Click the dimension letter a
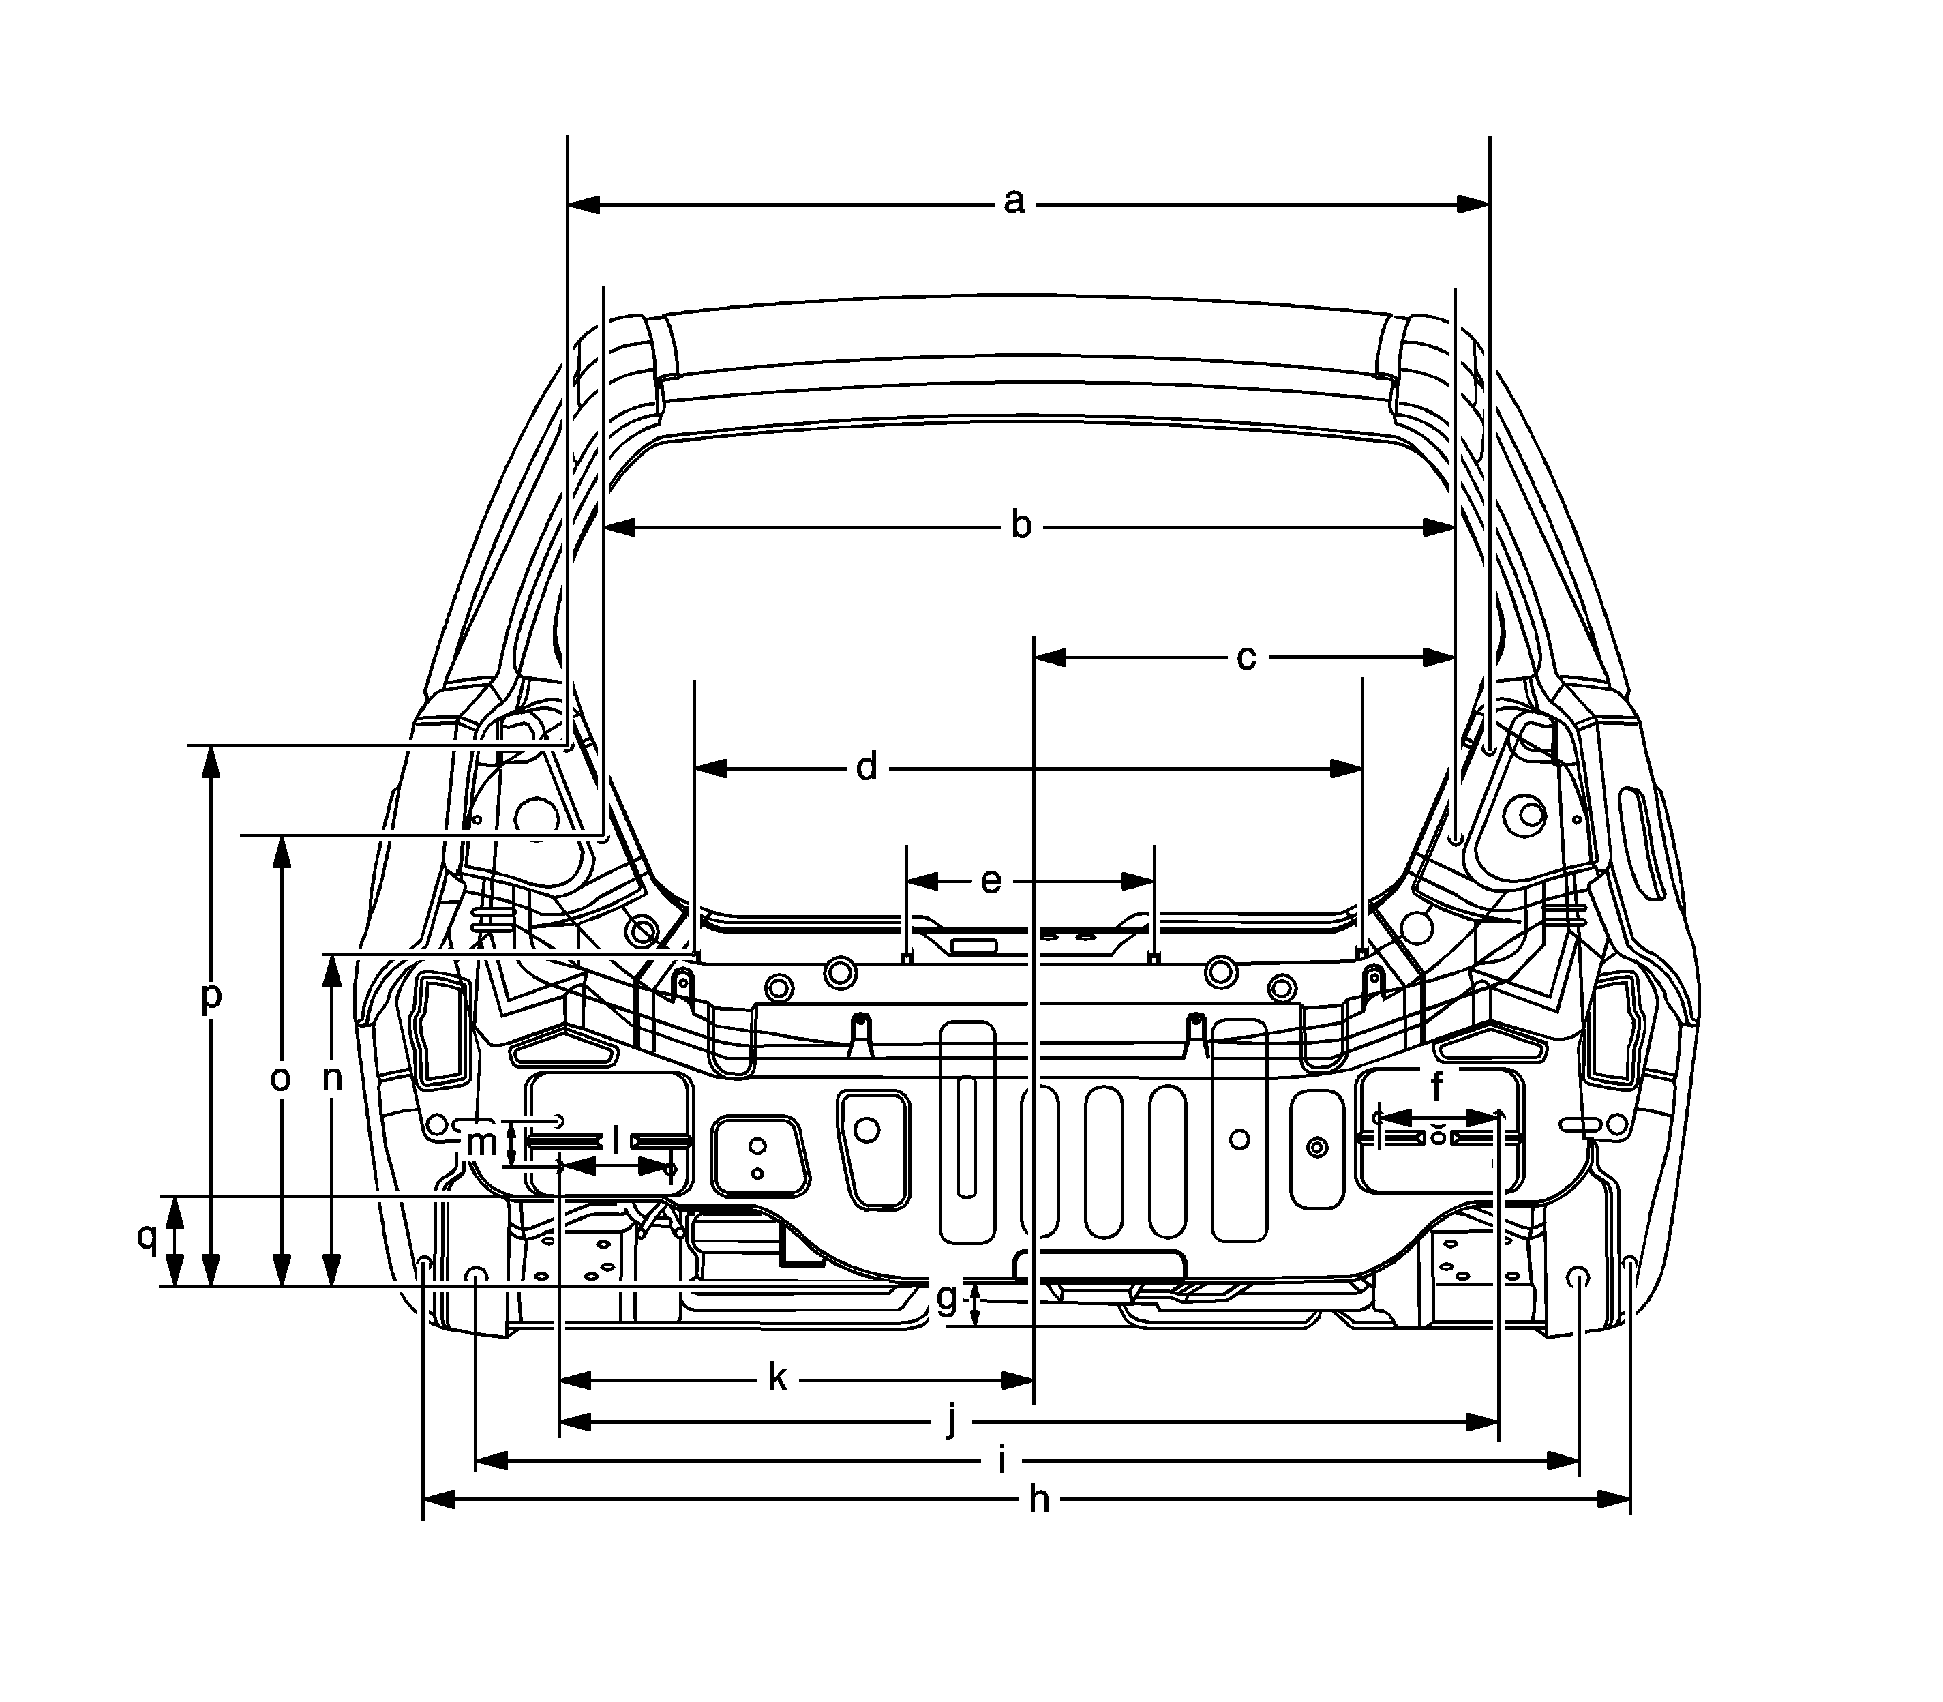pyautogui.click(x=1014, y=203)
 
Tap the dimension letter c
pyautogui.click(x=1246, y=657)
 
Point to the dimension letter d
pyautogui.click(x=866, y=766)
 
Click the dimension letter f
pyautogui.click(x=1437, y=1085)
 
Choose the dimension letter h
pyautogui.click(x=1040, y=1499)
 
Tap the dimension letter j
pyautogui.click(x=952, y=1422)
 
